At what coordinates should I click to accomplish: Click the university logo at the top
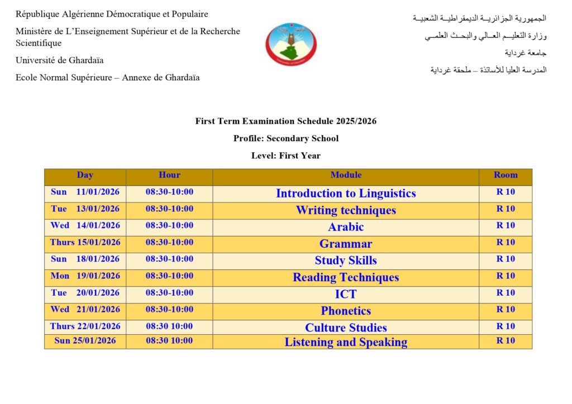[290, 45]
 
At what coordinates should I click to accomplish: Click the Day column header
[85, 175]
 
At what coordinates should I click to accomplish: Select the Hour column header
[169, 175]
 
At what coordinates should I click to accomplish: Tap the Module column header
[346, 175]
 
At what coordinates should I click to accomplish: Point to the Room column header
[506, 175]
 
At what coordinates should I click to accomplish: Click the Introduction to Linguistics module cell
[346, 194]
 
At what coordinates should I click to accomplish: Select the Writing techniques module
[346, 210]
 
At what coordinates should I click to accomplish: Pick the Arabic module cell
[346, 227]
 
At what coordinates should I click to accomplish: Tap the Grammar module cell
[346, 244]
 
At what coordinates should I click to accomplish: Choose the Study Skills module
[346, 261]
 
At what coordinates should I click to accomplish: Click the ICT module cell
[346, 294]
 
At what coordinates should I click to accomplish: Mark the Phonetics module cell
[346, 311]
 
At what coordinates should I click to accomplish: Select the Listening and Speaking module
[346, 342]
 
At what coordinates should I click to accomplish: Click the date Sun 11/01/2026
[85, 192]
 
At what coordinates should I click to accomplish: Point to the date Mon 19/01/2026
[85, 276]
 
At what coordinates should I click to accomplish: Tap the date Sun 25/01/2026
[85, 340]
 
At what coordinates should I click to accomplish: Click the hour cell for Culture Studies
[169, 326]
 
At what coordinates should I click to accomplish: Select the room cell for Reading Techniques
[506, 276]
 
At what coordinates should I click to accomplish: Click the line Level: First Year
[285, 156]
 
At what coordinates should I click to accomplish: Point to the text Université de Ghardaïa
[59, 60]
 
